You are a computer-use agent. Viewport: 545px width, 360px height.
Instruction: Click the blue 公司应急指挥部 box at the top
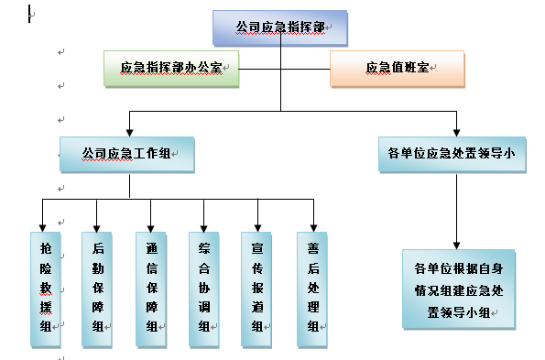(x=280, y=27)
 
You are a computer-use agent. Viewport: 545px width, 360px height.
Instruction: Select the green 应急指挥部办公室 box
(x=171, y=69)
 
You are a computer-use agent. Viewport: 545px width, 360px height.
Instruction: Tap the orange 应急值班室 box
(x=398, y=69)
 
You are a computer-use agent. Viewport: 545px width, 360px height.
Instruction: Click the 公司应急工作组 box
(x=127, y=154)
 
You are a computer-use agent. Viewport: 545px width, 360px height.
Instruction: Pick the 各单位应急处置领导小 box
(x=452, y=154)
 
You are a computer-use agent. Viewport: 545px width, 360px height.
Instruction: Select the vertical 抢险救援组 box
(x=46, y=289)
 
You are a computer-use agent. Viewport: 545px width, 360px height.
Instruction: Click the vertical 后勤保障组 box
(x=97, y=289)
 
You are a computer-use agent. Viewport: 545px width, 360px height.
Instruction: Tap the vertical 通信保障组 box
(x=151, y=289)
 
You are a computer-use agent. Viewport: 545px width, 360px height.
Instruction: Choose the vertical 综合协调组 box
(x=204, y=289)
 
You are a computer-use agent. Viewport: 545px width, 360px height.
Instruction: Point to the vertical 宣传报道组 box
(x=256, y=289)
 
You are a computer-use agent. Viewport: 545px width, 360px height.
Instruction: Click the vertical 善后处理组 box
(x=312, y=289)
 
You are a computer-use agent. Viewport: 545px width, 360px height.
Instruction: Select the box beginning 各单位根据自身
(x=459, y=289)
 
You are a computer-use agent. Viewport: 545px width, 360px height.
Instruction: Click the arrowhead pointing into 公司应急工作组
(x=130, y=133)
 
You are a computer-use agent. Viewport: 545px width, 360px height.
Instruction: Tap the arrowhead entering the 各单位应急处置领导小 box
(x=457, y=133)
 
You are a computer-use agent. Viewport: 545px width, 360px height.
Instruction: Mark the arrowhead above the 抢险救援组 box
(x=42, y=228)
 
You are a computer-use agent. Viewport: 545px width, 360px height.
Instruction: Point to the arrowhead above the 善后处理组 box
(x=313, y=228)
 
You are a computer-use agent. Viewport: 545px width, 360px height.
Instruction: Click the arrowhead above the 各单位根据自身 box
(x=457, y=245)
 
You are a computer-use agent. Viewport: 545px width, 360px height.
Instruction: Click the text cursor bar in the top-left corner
(x=29, y=14)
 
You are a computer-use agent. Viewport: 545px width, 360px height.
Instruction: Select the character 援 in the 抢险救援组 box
(x=46, y=307)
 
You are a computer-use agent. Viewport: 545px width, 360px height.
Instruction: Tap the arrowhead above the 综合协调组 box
(x=203, y=228)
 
